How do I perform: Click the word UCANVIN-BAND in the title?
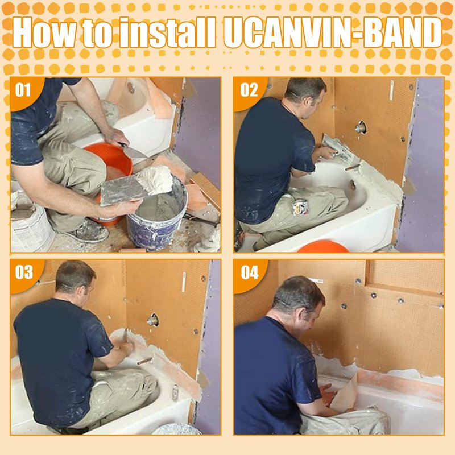(x=333, y=32)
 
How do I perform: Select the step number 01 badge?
(x=23, y=90)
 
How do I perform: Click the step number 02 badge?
(x=249, y=90)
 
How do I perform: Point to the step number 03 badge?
(x=24, y=272)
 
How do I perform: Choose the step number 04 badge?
(x=250, y=272)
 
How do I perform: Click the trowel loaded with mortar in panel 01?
(x=136, y=187)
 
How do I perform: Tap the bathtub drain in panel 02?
(x=353, y=184)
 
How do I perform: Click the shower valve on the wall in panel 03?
(x=152, y=320)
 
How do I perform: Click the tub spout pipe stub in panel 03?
(x=144, y=361)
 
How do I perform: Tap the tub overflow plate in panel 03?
(x=175, y=392)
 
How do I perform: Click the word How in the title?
(x=47, y=32)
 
